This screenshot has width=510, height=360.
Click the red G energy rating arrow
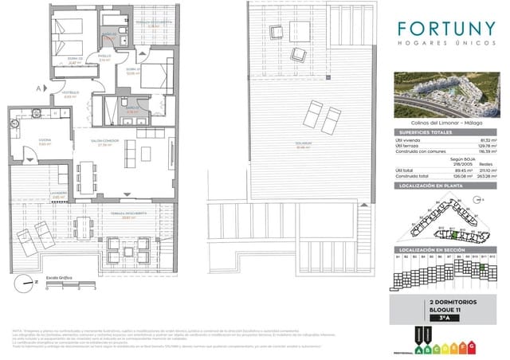coord(473,348)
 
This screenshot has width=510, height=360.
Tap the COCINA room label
coord(22,142)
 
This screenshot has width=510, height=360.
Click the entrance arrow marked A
coord(40,88)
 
